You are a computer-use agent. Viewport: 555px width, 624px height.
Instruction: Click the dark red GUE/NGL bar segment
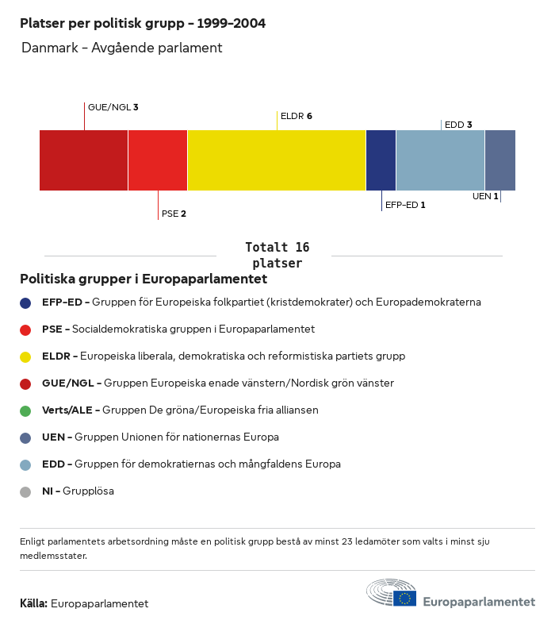pyautogui.click(x=83, y=160)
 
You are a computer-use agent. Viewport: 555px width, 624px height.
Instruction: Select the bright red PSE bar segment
pyautogui.click(x=158, y=160)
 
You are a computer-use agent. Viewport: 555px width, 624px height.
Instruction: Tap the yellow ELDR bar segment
pyautogui.click(x=277, y=160)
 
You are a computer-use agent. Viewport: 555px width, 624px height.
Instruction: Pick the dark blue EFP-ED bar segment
pyautogui.click(x=381, y=160)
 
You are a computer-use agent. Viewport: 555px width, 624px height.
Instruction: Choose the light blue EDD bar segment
pyautogui.click(x=440, y=160)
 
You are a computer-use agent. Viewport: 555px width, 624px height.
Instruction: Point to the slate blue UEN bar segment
pyautogui.click(x=500, y=160)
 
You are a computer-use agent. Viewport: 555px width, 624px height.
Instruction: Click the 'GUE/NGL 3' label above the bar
pyautogui.click(x=113, y=106)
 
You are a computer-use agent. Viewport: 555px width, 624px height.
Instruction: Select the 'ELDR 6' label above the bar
pyautogui.click(x=297, y=116)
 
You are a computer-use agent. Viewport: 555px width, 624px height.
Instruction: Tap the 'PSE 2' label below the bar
pyautogui.click(x=174, y=214)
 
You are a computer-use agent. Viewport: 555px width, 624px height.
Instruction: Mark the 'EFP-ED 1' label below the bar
pyautogui.click(x=405, y=205)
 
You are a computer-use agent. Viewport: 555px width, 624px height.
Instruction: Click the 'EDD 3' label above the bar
pyautogui.click(x=458, y=125)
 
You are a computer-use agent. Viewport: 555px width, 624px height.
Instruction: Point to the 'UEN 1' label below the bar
pyautogui.click(x=485, y=196)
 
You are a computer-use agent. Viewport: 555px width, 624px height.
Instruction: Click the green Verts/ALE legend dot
pyautogui.click(x=25, y=411)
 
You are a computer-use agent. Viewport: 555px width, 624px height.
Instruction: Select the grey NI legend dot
pyautogui.click(x=25, y=492)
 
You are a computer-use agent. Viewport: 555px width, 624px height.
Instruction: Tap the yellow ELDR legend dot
pyautogui.click(x=25, y=357)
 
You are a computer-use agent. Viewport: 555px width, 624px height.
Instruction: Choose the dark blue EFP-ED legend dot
pyautogui.click(x=25, y=303)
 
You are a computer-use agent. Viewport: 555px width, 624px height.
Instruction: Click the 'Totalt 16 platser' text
pyautogui.click(x=277, y=255)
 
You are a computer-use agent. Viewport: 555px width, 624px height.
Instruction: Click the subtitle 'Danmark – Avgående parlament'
pyautogui.click(x=121, y=48)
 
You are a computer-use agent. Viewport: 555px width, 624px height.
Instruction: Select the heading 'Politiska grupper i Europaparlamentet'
pyautogui.click(x=144, y=279)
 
